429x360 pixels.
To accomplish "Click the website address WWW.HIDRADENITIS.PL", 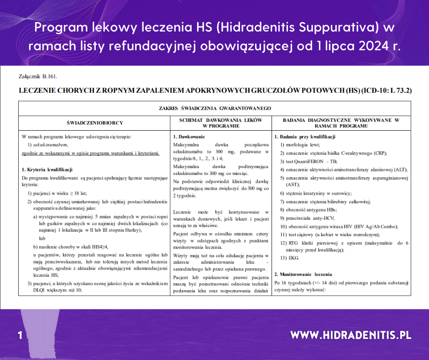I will (351, 335).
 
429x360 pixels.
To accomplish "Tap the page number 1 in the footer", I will (20, 335).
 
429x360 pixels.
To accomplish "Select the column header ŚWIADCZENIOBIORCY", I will (94, 123).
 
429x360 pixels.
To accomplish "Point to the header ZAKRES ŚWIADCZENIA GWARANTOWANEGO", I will (215, 108).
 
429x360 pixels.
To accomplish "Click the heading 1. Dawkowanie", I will (189, 137).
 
